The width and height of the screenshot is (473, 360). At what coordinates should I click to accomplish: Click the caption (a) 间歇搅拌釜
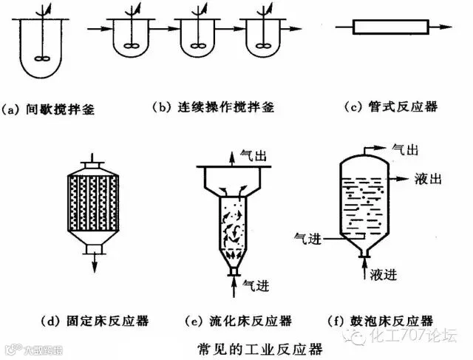point(47,109)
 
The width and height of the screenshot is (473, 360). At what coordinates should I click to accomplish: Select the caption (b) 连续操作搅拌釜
point(213,107)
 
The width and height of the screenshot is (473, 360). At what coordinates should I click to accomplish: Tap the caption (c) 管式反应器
point(391,107)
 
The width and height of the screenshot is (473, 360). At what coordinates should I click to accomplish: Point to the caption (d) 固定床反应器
point(95,321)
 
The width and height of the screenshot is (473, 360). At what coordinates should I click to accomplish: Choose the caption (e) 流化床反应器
point(238,321)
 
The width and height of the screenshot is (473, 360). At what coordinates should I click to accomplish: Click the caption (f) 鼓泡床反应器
point(381,321)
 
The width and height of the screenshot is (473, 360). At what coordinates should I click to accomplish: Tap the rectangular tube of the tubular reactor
point(391,27)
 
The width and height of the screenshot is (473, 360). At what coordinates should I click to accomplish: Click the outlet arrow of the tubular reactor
point(440,27)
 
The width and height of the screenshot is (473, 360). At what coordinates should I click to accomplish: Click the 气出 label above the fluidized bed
point(253,156)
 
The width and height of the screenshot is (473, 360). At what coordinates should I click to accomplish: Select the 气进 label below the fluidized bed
point(256,285)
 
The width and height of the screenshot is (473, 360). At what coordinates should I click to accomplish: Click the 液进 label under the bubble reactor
point(384,274)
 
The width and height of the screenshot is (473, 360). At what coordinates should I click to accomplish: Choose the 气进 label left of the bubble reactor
point(308,239)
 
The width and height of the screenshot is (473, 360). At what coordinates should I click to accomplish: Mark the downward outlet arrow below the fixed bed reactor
point(95,263)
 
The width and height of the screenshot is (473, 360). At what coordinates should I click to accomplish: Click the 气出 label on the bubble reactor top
point(405,149)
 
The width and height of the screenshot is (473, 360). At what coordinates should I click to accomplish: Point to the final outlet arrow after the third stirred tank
point(291,29)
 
